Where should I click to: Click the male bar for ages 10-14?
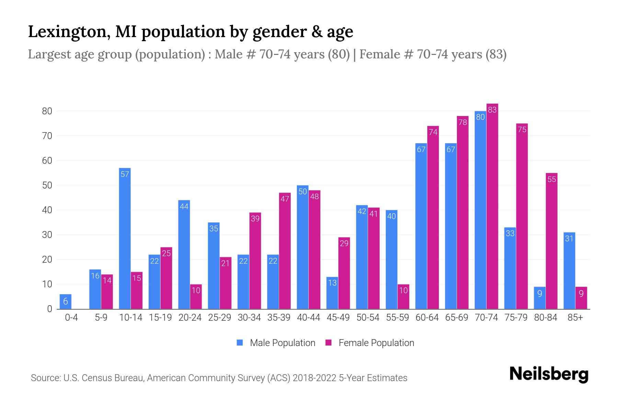[125, 240]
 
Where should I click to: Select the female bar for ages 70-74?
[492, 206]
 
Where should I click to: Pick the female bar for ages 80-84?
[551, 240]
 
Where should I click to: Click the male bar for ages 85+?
[569, 271]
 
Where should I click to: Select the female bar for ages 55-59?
[403, 297]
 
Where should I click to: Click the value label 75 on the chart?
[522, 130]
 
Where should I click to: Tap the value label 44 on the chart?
[184, 207]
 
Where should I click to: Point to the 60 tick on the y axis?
[47, 161]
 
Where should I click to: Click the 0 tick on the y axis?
[49, 309]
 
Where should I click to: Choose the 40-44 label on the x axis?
[308, 318]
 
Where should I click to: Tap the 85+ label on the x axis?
[575, 318]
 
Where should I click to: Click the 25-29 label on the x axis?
[219, 318]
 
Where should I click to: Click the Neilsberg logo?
[549, 374]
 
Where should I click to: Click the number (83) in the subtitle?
[496, 54]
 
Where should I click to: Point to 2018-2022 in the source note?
[314, 378]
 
